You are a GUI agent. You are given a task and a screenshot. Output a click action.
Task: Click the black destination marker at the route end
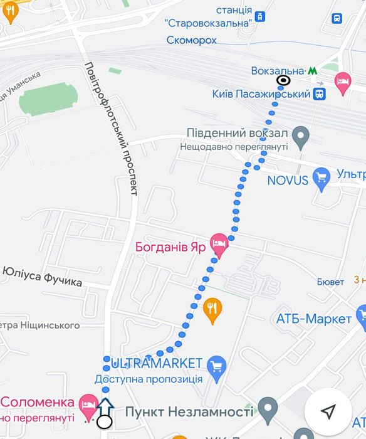coord(283,80)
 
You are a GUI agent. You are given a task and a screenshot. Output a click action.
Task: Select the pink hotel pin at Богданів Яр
coord(218,245)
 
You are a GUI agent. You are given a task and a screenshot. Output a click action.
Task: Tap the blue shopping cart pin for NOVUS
coord(322,179)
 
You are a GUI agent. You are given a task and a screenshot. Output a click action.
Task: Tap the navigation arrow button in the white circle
coord(328,411)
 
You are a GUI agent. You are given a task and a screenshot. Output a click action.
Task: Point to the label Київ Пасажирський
coord(261,94)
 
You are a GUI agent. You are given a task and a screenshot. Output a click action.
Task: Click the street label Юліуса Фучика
coord(42,277)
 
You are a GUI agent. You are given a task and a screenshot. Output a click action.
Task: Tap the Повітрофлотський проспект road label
coord(110,129)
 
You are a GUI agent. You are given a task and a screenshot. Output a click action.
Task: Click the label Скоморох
coord(192,40)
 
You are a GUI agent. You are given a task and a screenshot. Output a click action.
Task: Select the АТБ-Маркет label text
coord(313,319)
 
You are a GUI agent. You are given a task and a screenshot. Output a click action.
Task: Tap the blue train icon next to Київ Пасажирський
coord(320,94)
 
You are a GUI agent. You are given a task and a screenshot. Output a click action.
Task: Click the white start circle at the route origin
coord(105,421)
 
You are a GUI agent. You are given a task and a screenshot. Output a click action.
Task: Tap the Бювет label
coord(330,282)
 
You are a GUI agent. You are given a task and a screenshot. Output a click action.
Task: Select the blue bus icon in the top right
coord(338,19)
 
